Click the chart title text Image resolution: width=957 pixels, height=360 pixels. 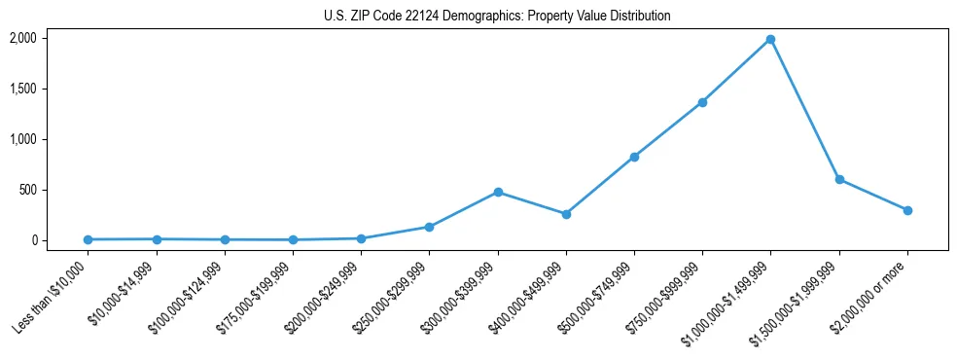pos(497,17)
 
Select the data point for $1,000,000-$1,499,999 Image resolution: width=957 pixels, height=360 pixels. pos(770,39)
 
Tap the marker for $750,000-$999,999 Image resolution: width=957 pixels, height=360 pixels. pos(702,102)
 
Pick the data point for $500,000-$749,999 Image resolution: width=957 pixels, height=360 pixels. pos(634,157)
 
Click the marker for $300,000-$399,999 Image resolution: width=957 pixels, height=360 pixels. pos(498,192)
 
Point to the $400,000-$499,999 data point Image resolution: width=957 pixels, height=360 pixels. pos(566,214)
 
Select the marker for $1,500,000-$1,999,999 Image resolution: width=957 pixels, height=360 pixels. pos(838,179)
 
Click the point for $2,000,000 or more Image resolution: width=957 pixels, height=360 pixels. pos(906,210)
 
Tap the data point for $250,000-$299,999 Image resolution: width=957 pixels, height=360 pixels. pos(429,227)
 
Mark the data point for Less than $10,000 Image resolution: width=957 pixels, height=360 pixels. pos(89,239)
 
